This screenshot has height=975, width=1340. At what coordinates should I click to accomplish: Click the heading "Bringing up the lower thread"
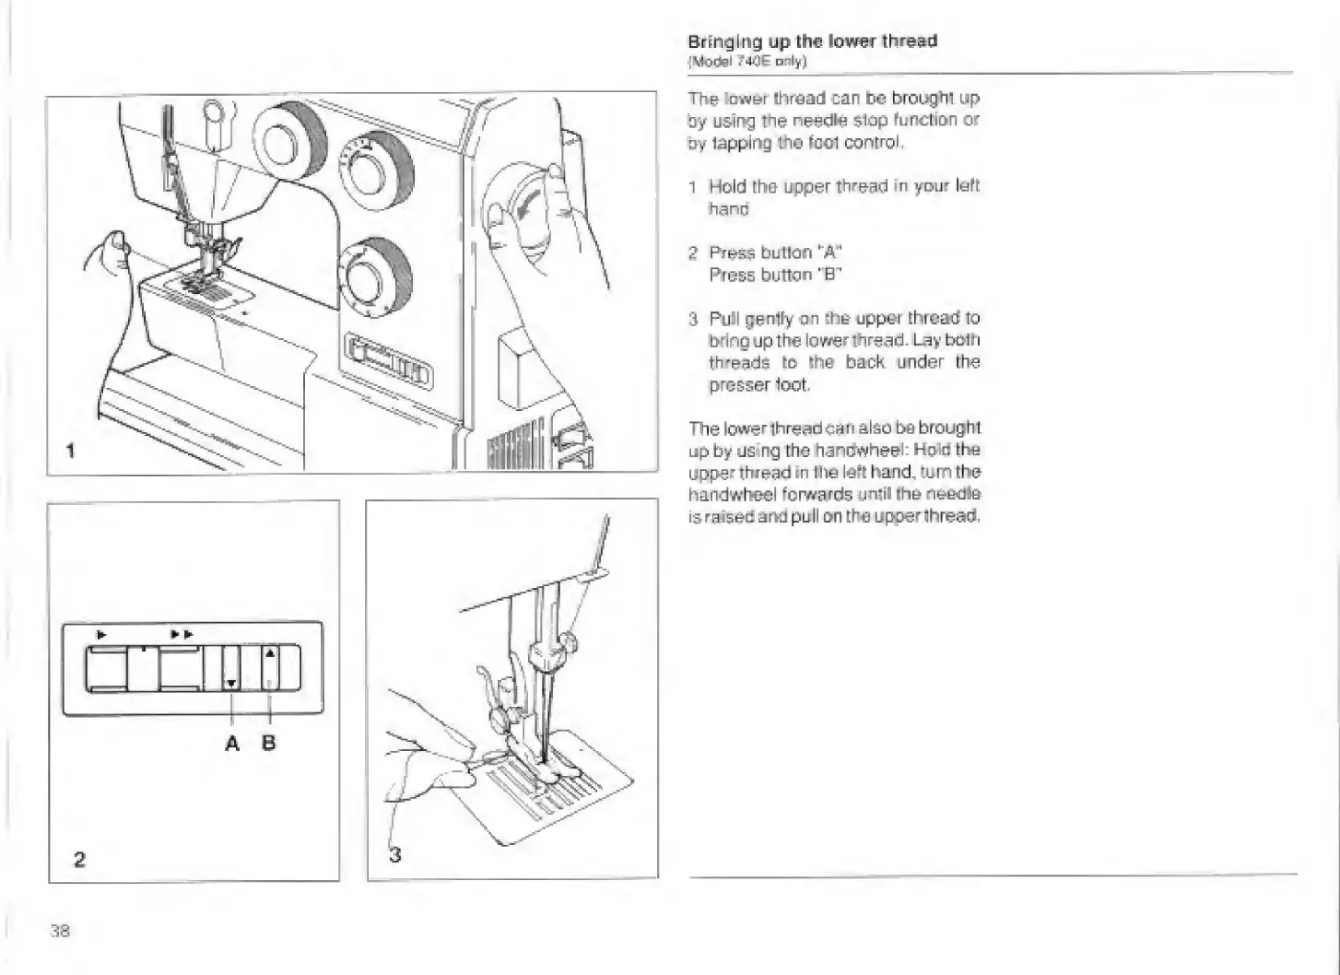(812, 41)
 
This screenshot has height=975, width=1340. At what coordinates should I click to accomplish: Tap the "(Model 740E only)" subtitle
(747, 62)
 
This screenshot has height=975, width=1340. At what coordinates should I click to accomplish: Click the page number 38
(60, 930)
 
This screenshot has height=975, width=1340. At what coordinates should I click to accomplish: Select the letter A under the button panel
(231, 743)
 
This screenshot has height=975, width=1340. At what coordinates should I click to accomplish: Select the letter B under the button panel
(268, 743)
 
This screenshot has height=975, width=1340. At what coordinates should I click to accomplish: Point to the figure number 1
(71, 451)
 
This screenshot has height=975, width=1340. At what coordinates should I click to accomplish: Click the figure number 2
(79, 859)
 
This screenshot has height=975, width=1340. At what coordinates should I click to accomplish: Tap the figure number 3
(395, 855)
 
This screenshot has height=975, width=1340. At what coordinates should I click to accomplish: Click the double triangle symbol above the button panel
(182, 634)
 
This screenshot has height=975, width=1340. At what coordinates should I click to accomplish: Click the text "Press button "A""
(776, 253)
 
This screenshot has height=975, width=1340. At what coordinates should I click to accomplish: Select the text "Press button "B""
(776, 275)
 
